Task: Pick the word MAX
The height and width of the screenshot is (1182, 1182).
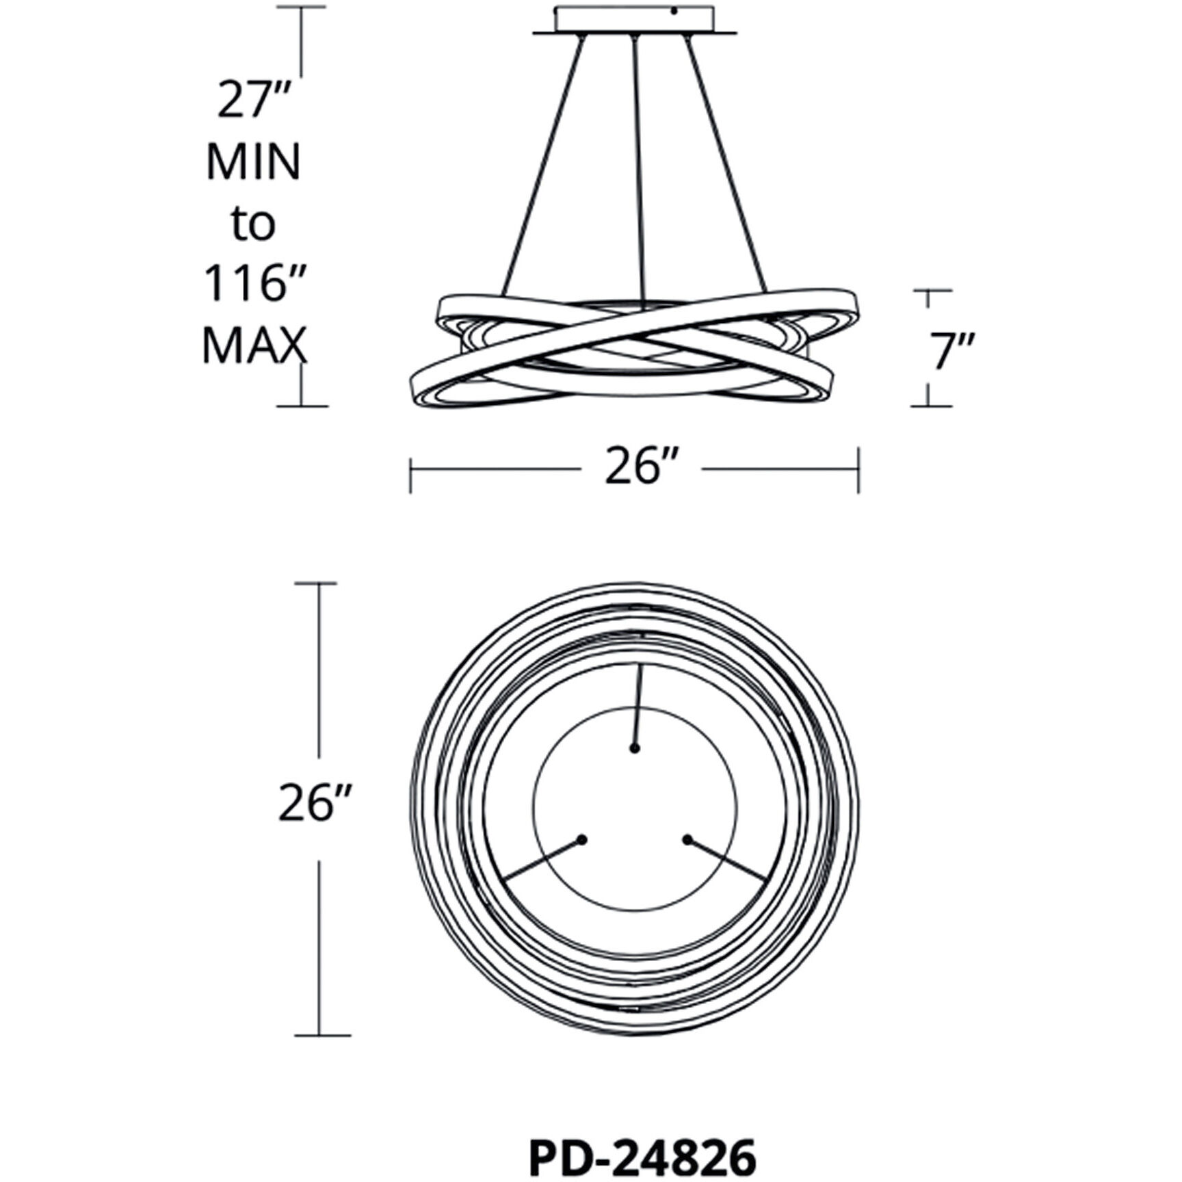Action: (253, 345)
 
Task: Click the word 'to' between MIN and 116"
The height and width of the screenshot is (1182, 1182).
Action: (252, 224)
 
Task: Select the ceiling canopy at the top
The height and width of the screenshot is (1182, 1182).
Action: (635, 21)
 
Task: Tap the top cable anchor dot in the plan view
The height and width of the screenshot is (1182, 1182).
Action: (635, 749)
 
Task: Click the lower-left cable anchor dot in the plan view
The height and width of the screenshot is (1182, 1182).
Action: (582, 839)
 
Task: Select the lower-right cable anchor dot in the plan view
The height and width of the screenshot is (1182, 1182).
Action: (687, 839)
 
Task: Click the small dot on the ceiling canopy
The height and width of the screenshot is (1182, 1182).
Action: (674, 11)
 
